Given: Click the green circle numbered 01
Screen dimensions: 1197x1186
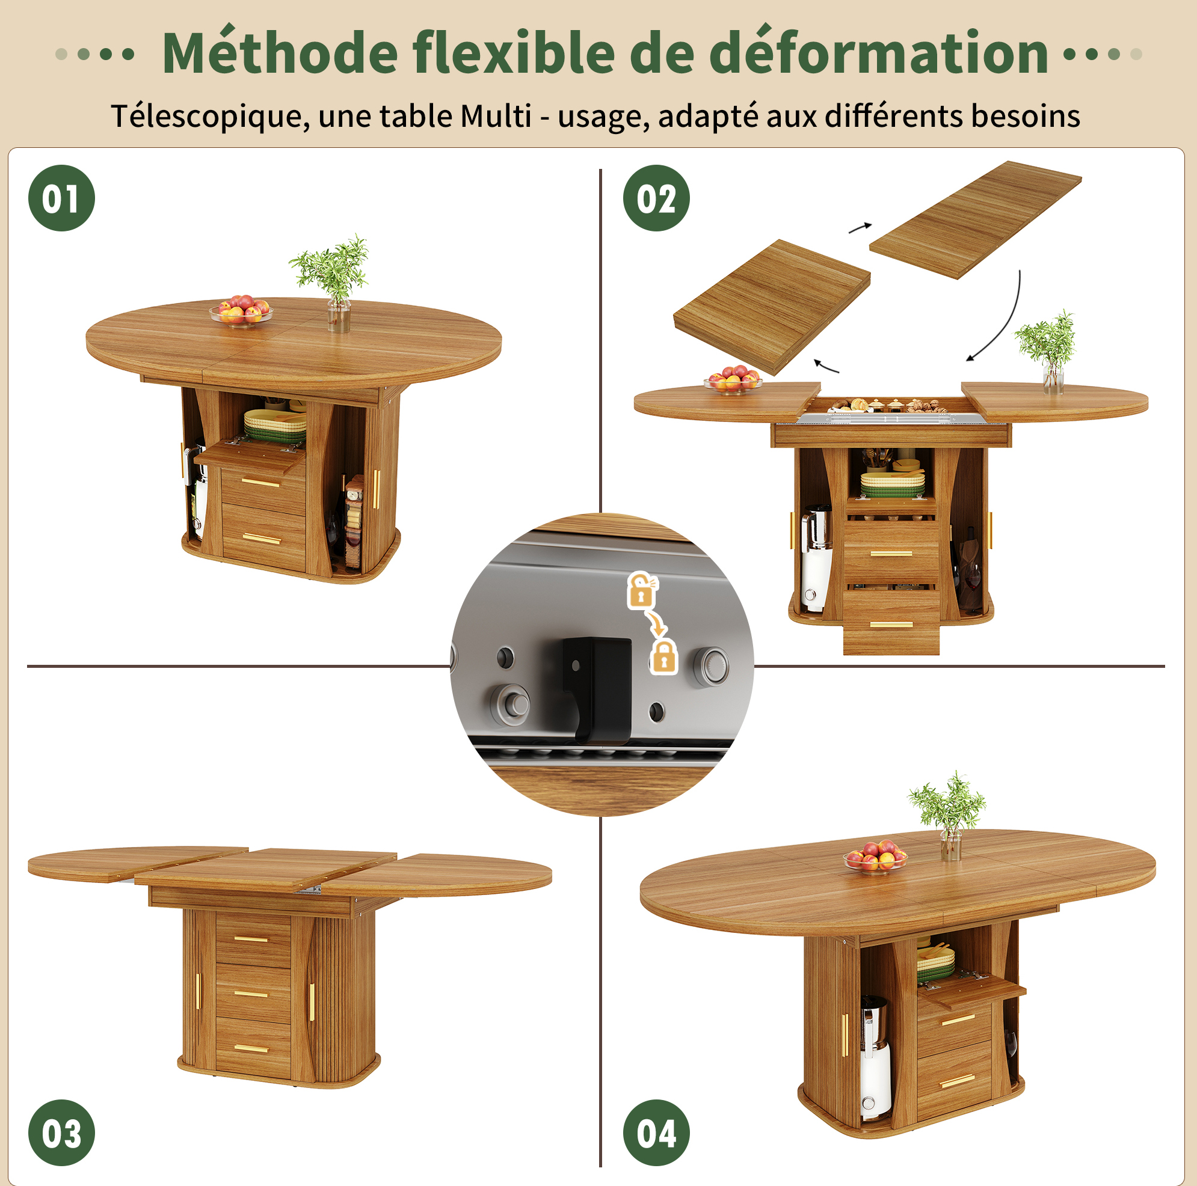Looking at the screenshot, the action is pos(61,198).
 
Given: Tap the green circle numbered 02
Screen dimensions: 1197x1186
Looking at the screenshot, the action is pos(656,198).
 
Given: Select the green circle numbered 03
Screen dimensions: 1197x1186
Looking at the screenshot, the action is pos(61,1133).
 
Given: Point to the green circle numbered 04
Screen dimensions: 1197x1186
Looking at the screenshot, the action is pos(656,1133).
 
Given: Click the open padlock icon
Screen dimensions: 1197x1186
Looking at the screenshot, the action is pos(642,590).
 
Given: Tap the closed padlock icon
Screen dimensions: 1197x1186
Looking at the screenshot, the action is pos(663,658).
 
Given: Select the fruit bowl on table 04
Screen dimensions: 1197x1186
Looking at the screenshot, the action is pos(875,855).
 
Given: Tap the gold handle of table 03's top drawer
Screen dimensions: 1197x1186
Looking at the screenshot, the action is pos(251,939).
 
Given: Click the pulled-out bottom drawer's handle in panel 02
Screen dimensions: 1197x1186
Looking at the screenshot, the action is pos(891,625).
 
